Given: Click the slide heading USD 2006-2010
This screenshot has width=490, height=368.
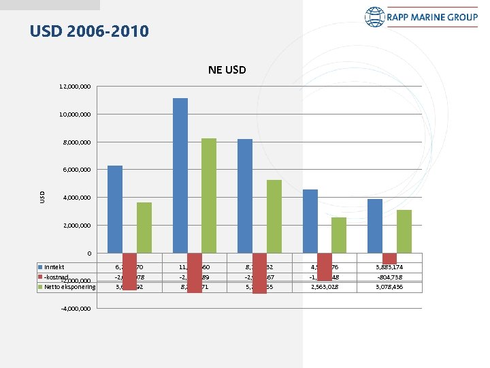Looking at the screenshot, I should [89, 31].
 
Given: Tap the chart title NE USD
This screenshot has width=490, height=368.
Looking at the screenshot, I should [227, 70].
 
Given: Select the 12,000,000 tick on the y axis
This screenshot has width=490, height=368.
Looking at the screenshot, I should [76, 87].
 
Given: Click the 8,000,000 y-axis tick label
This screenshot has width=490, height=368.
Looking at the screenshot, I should [76, 142].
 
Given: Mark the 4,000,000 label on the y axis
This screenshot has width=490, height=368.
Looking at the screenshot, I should [76, 198].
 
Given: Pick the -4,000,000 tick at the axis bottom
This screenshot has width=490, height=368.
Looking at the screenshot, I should [76, 309].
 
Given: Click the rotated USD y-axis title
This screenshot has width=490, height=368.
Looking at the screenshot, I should [42, 196].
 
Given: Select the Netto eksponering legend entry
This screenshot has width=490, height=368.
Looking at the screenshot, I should [67, 287].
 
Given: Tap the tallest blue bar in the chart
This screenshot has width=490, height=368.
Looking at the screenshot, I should [180, 176].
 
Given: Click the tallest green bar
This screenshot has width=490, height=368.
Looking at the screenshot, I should [209, 196].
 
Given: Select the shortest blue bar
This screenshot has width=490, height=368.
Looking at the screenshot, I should [375, 226].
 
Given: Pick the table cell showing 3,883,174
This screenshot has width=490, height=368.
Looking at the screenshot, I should [389, 266].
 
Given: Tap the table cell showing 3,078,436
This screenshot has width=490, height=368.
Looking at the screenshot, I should [390, 287].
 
